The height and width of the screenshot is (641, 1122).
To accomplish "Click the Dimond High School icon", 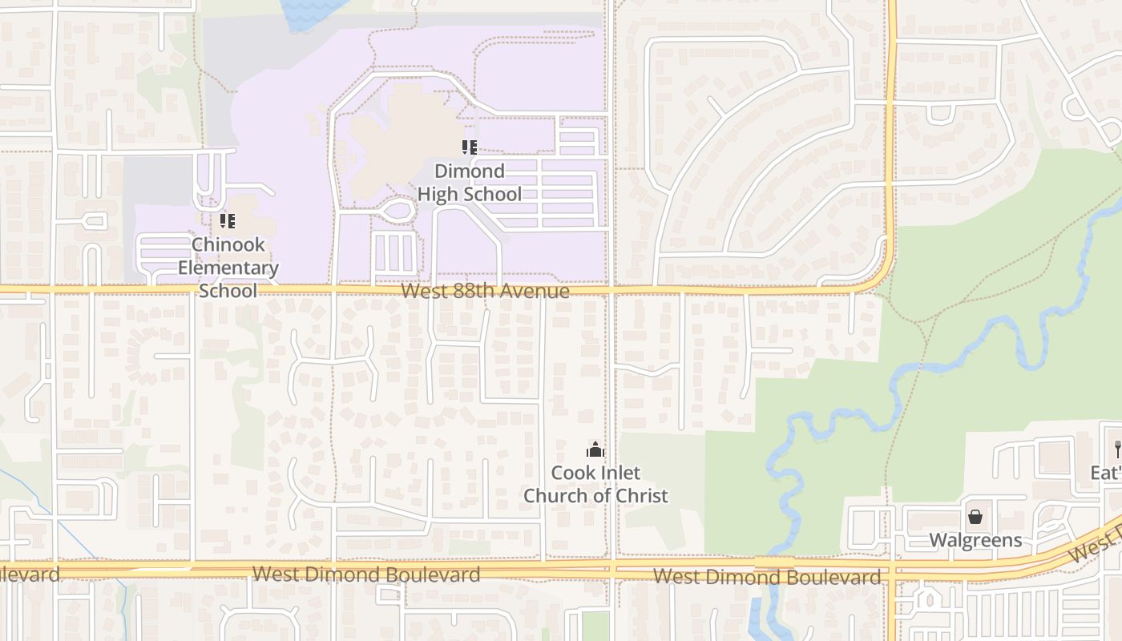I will click(470, 147).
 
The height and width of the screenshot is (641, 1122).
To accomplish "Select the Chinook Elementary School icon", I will click(228, 220).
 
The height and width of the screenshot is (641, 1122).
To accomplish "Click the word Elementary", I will click(228, 268).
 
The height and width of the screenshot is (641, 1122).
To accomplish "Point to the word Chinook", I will click(228, 244).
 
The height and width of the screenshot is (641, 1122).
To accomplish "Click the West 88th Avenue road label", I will click(485, 291).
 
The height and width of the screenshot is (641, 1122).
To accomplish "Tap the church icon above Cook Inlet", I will click(595, 450).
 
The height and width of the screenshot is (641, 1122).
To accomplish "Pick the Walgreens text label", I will click(975, 540).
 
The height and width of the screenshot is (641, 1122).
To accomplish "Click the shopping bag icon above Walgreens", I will click(975, 517).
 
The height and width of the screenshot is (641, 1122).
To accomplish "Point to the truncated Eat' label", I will click(1106, 473).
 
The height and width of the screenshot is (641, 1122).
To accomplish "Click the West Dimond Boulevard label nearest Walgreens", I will click(766, 577).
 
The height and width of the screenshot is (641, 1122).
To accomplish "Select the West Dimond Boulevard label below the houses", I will click(366, 574).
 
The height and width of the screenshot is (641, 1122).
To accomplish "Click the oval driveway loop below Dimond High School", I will click(397, 212).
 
